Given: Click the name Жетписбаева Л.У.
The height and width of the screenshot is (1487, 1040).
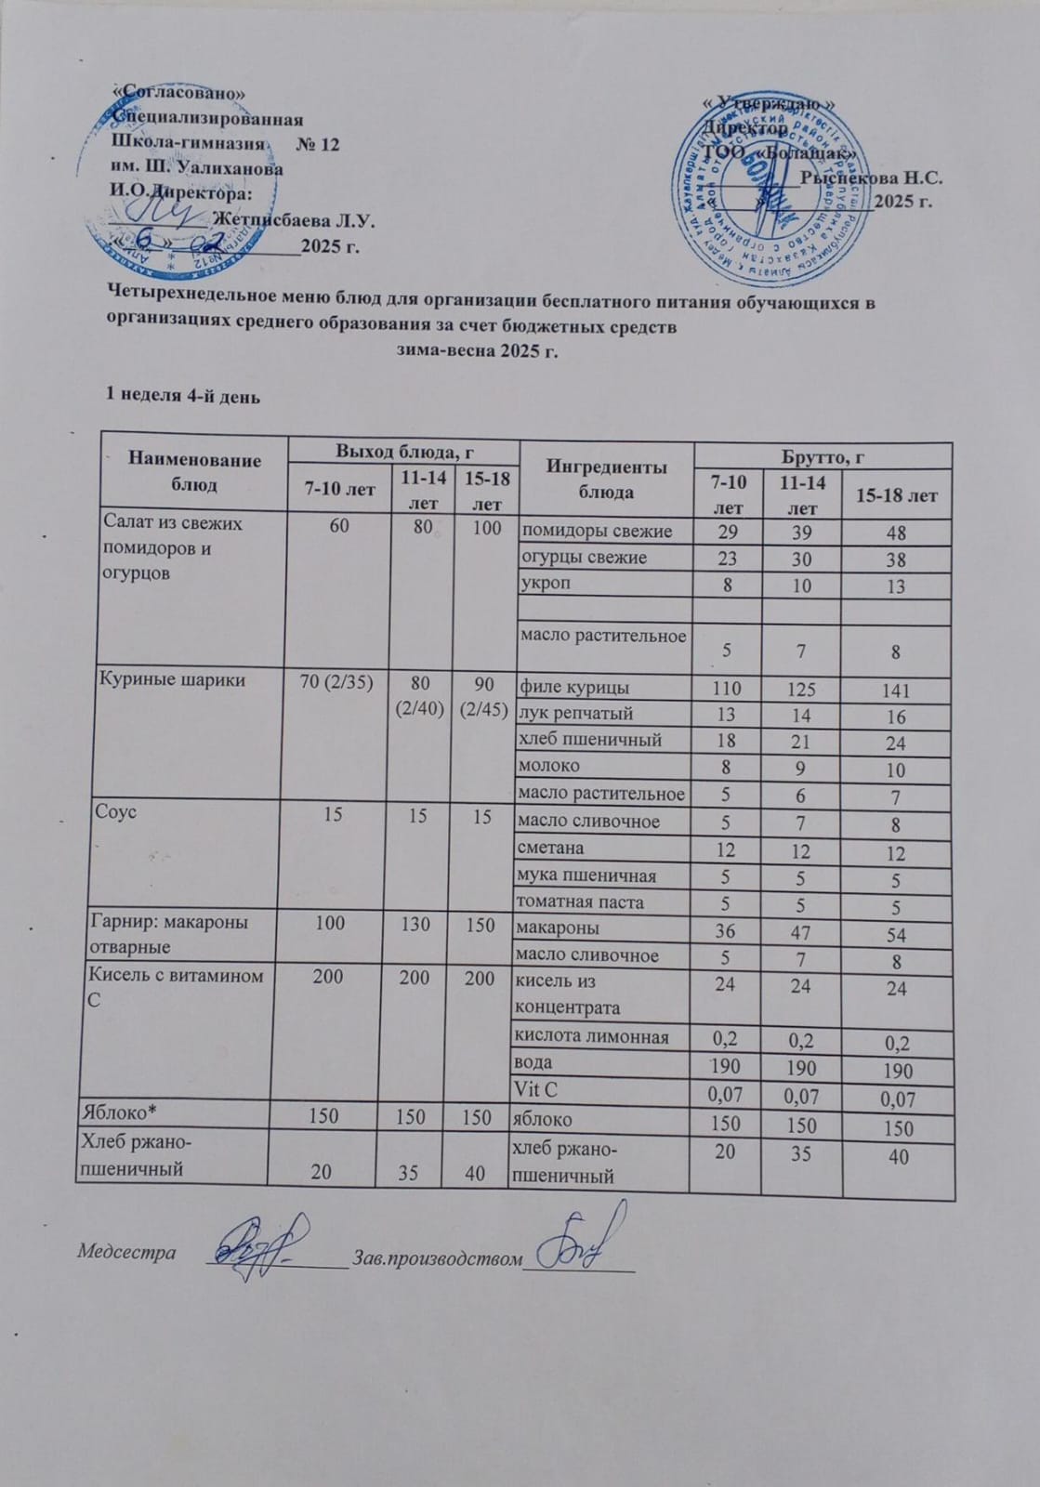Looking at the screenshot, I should tap(294, 221).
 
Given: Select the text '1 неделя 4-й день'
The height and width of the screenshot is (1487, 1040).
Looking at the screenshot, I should tap(183, 396).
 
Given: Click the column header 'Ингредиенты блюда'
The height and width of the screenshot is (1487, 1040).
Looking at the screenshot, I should tap(606, 479).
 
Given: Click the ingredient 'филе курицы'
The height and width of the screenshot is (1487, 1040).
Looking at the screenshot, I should tap(574, 688).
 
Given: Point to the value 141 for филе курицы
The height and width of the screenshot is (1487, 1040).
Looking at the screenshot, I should tap(896, 691).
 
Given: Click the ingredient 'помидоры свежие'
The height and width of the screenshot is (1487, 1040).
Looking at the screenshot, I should tap(596, 532).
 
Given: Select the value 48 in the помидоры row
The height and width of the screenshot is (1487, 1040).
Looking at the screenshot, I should tap(896, 534).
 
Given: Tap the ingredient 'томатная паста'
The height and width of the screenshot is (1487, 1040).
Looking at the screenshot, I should tap(581, 901).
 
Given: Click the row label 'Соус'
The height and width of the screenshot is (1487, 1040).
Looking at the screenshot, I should tap(116, 811).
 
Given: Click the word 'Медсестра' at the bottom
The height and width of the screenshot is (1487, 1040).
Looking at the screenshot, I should tap(126, 1252).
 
